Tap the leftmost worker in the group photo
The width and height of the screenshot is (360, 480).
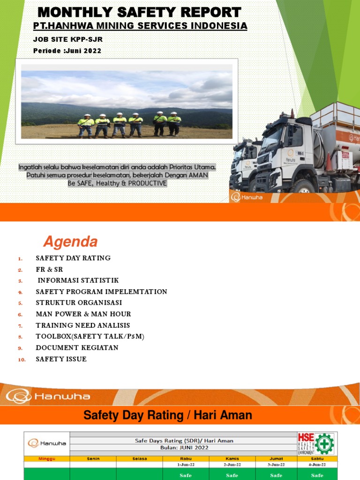point(86,125)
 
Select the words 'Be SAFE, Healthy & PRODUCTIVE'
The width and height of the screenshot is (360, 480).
point(117,183)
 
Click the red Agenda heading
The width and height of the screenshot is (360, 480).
point(70,242)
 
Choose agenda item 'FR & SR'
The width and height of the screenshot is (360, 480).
point(49,270)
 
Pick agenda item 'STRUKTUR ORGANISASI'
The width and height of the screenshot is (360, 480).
point(79,303)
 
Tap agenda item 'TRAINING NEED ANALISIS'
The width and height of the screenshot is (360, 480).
point(83,325)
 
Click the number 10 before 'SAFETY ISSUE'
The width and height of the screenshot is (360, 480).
point(22,360)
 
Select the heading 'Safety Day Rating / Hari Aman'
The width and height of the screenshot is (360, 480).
point(167,415)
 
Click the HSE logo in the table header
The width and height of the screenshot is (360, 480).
point(316,443)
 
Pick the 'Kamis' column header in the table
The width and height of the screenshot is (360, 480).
point(232,458)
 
